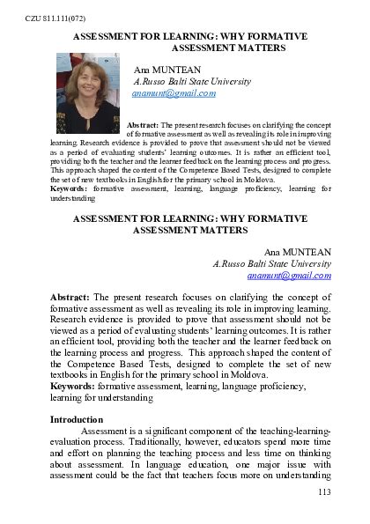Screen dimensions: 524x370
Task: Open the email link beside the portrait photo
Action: click(x=167, y=92)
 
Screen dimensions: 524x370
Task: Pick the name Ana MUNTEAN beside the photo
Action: click(x=167, y=68)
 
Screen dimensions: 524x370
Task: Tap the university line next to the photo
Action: click(x=191, y=80)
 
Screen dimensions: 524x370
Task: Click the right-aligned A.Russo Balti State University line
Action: click(x=272, y=263)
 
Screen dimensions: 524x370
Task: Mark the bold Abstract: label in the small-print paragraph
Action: click(x=144, y=124)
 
